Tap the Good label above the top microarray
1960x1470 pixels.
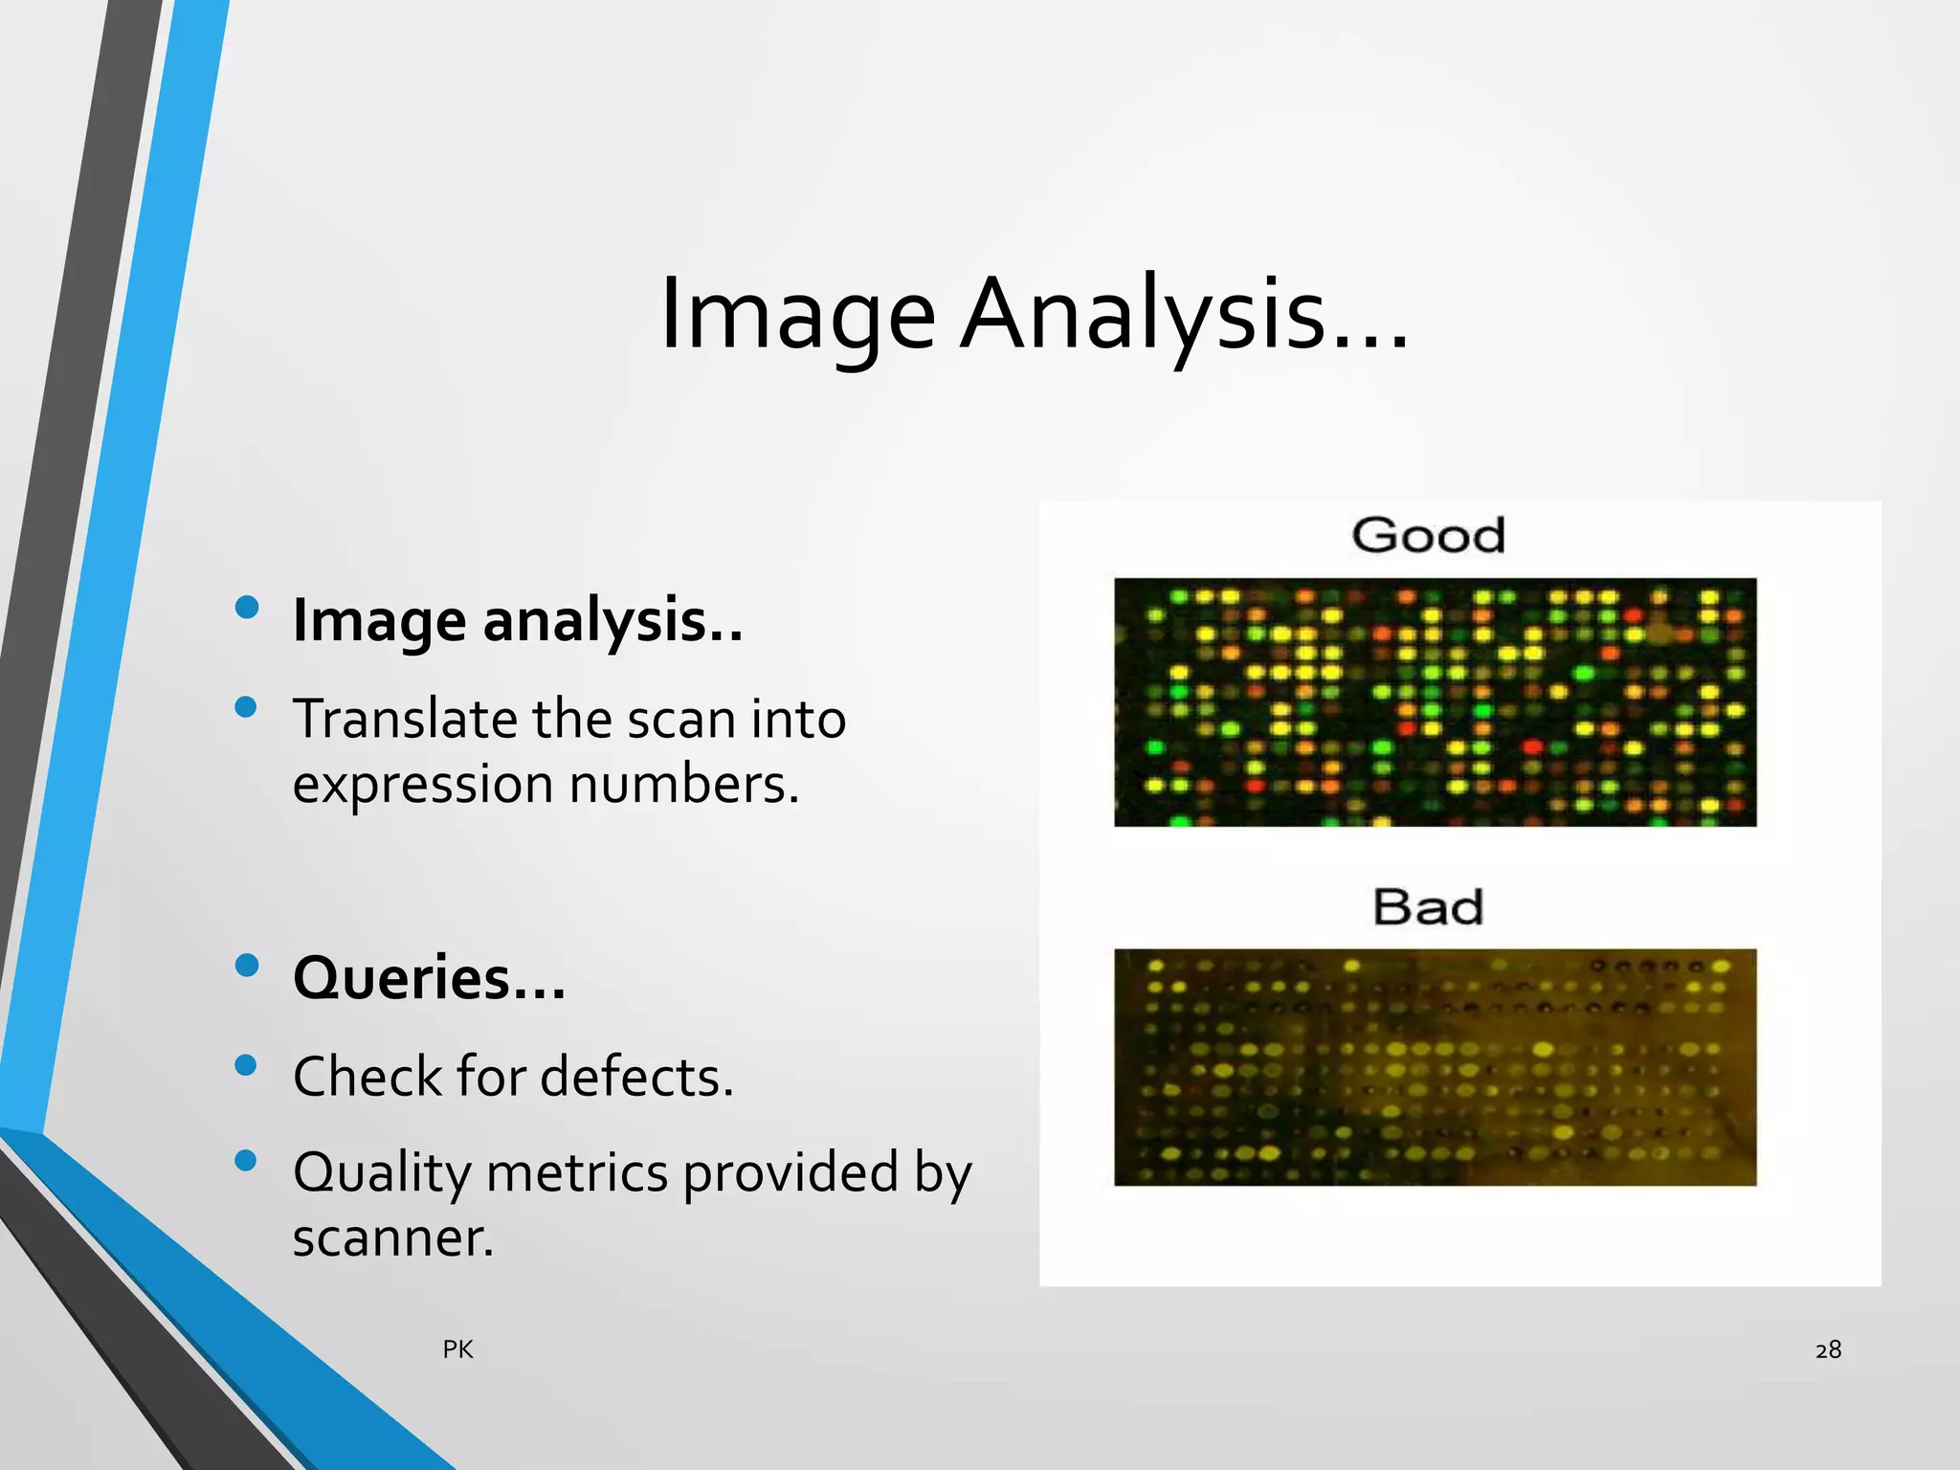1428,535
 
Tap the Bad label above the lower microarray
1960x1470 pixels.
1428,906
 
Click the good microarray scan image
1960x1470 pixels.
1435,702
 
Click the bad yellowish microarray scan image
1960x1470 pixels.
1435,1067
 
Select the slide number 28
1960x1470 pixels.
1828,1349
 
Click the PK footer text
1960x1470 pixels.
457,1349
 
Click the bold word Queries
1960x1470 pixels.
402,978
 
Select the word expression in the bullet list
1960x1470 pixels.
422,785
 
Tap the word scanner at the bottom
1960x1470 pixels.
392,1237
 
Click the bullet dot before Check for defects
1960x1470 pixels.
246,1065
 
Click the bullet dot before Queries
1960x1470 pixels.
246,965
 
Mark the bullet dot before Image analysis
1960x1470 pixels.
246,607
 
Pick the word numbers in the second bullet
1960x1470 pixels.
683,785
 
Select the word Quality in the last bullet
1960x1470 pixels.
381,1173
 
